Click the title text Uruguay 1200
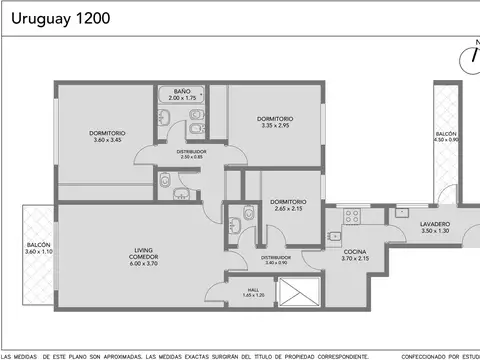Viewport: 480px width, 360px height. coord(56,18)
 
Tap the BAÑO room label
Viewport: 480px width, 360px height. coord(181,92)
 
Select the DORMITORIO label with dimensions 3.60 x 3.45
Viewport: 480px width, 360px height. coord(107,135)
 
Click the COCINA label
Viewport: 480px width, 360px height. coord(355,252)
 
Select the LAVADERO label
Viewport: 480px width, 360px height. coord(435,224)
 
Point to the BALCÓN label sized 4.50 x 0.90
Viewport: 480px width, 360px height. coord(446,134)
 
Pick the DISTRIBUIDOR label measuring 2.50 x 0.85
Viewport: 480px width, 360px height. coord(191,152)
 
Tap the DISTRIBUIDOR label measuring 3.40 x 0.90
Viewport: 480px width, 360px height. coord(276,258)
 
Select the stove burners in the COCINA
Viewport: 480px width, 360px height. coord(351,214)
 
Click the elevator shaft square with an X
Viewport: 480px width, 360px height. coord(299,292)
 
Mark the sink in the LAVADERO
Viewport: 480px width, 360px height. coord(402,211)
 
